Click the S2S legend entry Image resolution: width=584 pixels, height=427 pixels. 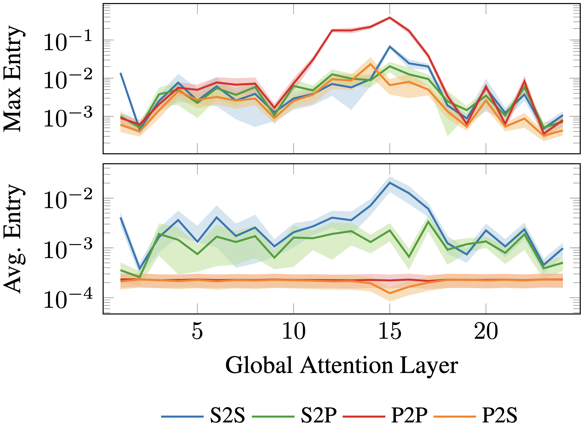pos(227,415)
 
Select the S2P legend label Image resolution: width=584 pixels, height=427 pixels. pos(318,415)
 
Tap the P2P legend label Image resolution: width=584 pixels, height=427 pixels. pos(409,415)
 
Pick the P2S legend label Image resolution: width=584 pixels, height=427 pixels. pos(500,415)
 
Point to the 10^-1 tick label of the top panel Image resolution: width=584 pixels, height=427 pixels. pos(68,42)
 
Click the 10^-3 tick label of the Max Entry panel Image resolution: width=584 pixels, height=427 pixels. pos(68,118)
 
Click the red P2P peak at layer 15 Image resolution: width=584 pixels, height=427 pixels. pos(390,17)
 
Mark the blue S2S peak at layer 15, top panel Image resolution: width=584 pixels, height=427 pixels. pos(390,46)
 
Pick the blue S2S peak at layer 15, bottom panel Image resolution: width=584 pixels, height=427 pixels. pos(390,183)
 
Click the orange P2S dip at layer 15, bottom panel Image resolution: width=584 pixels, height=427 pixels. pos(390,293)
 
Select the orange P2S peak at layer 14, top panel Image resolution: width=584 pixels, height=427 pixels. pos(370,64)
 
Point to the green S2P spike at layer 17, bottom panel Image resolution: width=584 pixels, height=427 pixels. pos(428,222)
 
